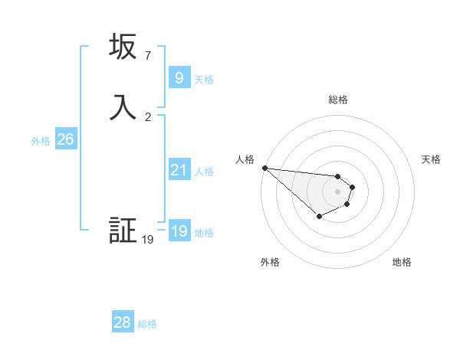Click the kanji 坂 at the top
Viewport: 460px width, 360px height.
(x=123, y=47)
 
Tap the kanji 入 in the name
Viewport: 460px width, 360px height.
(x=123, y=108)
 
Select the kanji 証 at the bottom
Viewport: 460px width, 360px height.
(x=123, y=231)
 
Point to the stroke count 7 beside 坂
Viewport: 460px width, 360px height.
(x=148, y=56)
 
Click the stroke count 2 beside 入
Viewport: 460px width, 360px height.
(x=148, y=117)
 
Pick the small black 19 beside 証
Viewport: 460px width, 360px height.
(x=148, y=240)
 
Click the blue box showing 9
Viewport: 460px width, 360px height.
(x=179, y=78)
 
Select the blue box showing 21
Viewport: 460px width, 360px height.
(x=179, y=170)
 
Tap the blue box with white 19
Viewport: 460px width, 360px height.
(x=179, y=231)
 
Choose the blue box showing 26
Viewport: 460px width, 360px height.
(x=65, y=139)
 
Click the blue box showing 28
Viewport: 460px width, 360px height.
(x=123, y=323)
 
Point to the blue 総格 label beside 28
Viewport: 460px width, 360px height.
(x=147, y=324)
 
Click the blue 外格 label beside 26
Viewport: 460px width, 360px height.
(x=41, y=141)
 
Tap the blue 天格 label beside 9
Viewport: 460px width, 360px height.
(x=204, y=80)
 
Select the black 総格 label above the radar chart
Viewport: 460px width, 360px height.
(x=337, y=100)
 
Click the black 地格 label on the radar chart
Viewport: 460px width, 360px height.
(x=402, y=262)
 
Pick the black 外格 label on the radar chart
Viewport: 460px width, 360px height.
(x=270, y=262)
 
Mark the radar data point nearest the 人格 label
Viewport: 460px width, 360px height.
(x=264, y=168)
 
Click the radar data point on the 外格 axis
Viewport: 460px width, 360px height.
(x=319, y=217)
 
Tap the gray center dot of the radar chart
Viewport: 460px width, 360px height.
(x=337, y=191)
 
